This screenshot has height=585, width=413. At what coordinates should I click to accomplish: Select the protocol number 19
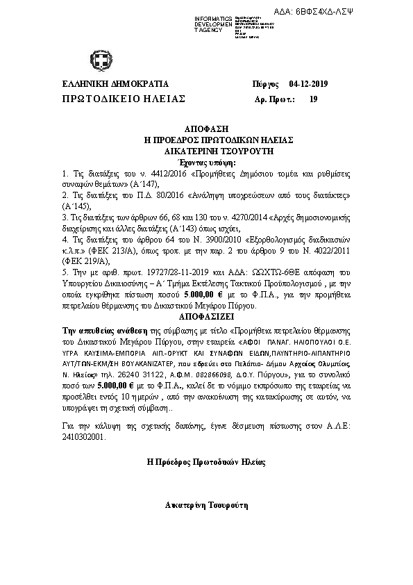coord(313,99)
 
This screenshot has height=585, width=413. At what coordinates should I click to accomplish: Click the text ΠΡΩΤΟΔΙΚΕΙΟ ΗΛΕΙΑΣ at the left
coord(124,99)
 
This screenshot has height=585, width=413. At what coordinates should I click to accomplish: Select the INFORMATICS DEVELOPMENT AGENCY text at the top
coord(213,22)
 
